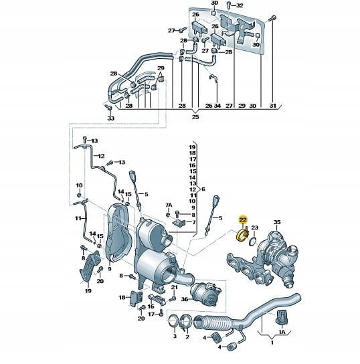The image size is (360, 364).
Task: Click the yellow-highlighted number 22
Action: tap(244, 219)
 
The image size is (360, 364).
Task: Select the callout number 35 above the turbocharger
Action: tap(277, 222)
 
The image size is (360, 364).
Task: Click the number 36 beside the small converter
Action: tap(185, 299)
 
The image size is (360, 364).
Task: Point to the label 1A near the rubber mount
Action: tap(282, 332)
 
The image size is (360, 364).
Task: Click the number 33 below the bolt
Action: tap(111, 118)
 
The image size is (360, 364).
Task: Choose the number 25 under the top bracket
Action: tap(195, 117)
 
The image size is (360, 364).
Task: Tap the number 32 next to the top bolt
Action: tap(239, 5)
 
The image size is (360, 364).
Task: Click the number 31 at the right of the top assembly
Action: tap(273, 106)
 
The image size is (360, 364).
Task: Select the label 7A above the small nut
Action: tap(169, 205)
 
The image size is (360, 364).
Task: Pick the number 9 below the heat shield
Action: tap(110, 269)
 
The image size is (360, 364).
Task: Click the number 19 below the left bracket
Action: tap(88, 290)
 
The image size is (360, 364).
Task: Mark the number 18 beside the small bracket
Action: tap(122, 297)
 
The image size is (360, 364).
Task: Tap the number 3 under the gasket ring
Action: tap(175, 336)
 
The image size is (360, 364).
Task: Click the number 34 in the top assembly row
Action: tap(217, 106)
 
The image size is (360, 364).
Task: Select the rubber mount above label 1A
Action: tap(282, 316)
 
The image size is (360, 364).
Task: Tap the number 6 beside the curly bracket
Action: tap(203, 189)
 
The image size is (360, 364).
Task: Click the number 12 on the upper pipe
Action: tap(101, 156)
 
